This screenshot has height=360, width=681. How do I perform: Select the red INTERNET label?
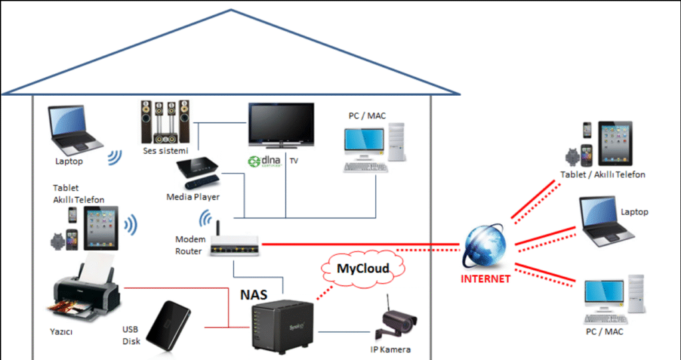coord(485,279)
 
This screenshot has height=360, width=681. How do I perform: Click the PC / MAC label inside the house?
coord(367,116)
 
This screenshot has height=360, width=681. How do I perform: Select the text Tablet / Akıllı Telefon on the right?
coord(603,174)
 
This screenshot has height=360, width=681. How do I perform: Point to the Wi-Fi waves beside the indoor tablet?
coord(130,226)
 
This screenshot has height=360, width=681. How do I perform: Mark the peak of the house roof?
coord(230,11)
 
